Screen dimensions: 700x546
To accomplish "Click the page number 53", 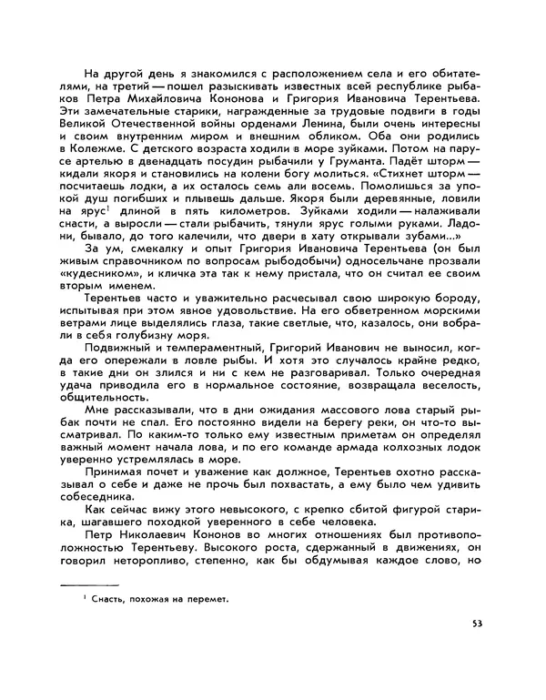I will pos(478,624).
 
